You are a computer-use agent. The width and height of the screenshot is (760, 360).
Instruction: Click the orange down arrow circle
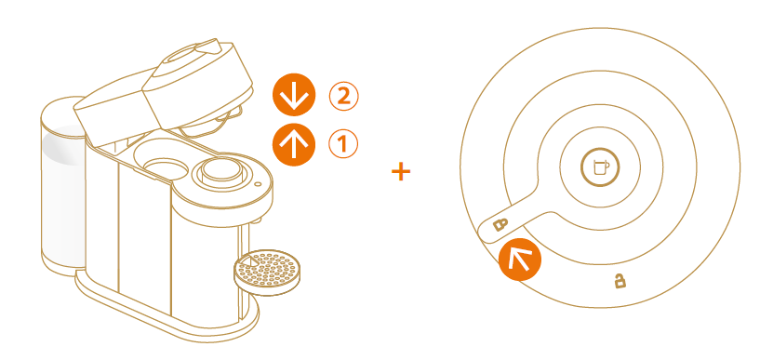(294, 95)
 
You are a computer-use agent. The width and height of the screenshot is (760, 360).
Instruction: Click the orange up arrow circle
(294, 144)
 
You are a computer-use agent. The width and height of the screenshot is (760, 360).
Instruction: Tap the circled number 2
(343, 97)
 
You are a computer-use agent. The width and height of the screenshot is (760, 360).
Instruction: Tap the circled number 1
(343, 144)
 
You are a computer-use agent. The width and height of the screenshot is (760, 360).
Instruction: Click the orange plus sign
(401, 171)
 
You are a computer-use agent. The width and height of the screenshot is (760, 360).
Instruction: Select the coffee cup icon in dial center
(600, 167)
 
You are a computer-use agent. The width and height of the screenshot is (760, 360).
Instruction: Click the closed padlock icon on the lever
(500, 224)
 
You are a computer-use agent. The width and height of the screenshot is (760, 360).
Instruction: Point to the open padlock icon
(620, 281)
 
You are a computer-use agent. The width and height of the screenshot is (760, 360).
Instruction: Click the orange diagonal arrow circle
(520, 260)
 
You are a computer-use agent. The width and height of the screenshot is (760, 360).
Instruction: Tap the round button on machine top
(221, 170)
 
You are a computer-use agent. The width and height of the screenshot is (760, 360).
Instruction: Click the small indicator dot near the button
(257, 184)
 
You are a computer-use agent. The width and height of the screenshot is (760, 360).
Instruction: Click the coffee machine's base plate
(165, 310)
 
